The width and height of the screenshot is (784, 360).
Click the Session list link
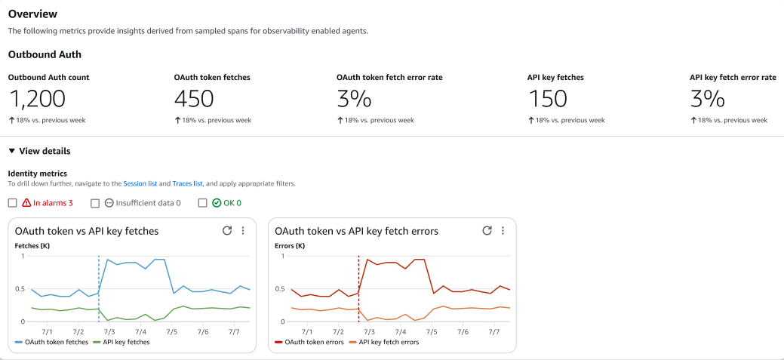click(140, 183)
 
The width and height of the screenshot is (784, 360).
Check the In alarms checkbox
click(12, 203)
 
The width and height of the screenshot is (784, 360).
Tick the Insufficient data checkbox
click(95, 203)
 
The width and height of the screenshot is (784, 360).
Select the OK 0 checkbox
click(202, 203)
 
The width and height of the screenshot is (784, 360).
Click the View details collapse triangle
click(11, 151)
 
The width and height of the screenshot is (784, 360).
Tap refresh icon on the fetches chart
click(226, 231)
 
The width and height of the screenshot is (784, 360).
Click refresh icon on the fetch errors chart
click(487, 231)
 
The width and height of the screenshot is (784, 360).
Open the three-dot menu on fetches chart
click(243, 231)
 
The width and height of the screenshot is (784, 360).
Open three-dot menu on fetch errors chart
click(503, 231)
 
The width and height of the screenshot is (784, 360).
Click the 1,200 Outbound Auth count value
click(38, 99)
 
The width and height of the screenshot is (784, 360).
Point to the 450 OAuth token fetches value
click(194, 99)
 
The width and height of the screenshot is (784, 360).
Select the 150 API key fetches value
click(547, 99)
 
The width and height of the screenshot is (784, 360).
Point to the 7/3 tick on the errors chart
click(369, 331)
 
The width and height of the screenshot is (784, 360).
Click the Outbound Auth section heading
click(45, 54)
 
